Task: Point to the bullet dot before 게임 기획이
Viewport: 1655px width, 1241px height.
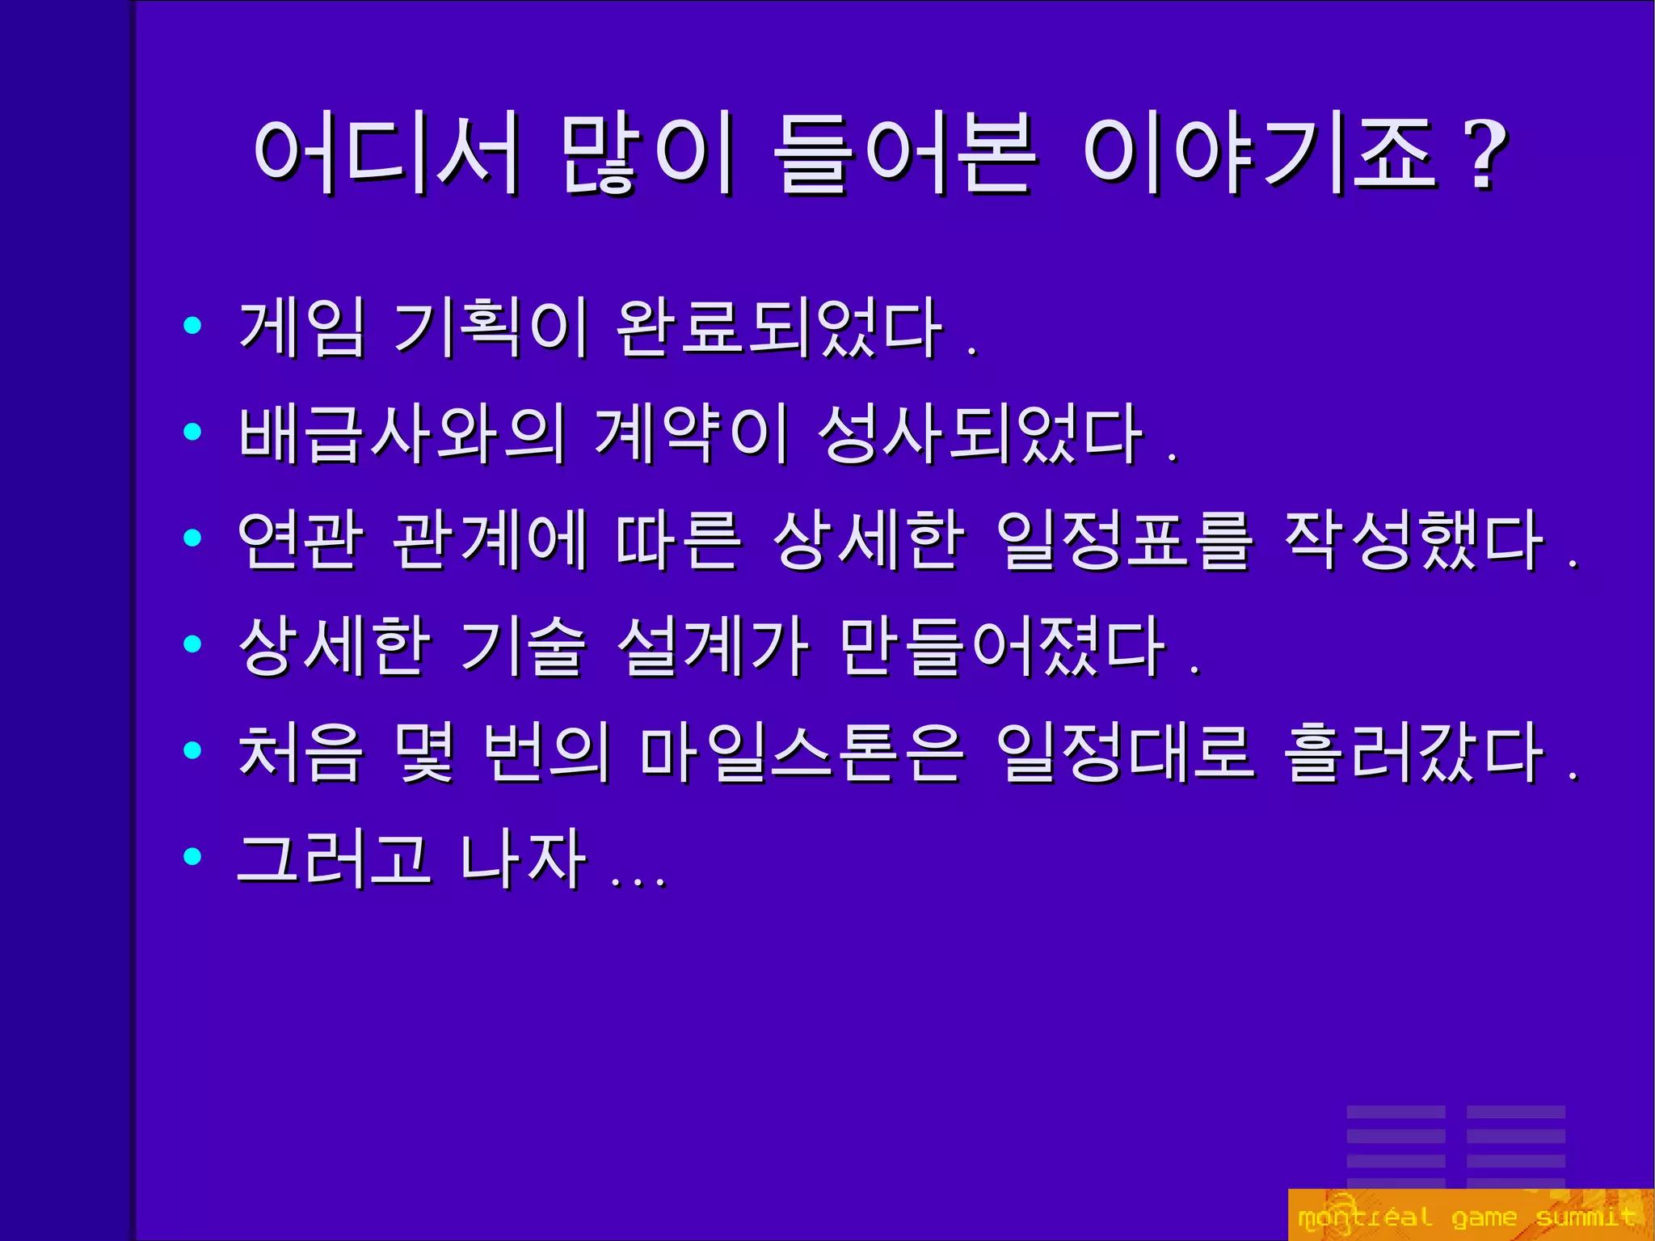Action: tap(192, 325)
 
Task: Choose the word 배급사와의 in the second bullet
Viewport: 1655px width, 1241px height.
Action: tap(402, 434)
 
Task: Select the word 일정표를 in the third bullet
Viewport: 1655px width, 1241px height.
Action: tap(1125, 540)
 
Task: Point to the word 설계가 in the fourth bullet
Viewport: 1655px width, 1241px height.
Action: tap(713, 646)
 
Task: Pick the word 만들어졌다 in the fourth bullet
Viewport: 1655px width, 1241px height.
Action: tap(1002, 646)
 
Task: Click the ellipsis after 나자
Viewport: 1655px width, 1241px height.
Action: tap(638, 881)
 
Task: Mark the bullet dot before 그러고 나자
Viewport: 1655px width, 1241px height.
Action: tap(192, 855)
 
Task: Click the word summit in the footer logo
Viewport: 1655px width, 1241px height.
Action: tap(1586, 1217)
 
